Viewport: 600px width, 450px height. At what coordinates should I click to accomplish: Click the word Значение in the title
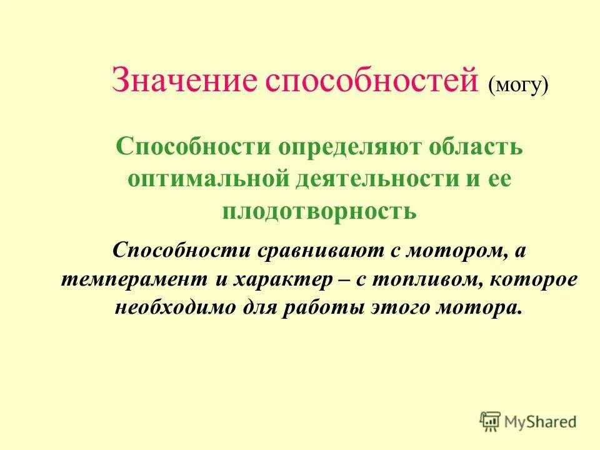(184, 81)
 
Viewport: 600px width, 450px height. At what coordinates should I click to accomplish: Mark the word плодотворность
(319, 211)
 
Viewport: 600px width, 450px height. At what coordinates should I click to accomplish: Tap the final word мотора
(478, 309)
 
